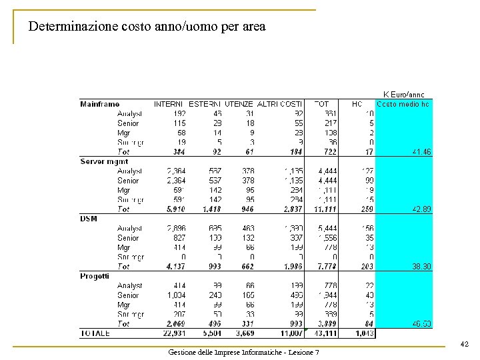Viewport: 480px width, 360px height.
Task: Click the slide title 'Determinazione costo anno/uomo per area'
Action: pos(147,27)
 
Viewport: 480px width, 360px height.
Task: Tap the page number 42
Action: pos(465,345)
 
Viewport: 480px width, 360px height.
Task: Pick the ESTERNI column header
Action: pos(205,104)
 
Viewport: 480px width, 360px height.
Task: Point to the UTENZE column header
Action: pos(239,104)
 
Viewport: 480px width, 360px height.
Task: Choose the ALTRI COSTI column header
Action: pos(280,104)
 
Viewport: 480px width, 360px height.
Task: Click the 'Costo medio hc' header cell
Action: pos(403,104)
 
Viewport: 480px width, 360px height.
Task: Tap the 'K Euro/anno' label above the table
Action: pos(403,95)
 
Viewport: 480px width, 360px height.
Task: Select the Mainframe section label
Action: pos(100,104)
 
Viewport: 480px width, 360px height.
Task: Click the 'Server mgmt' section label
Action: pos(104,161)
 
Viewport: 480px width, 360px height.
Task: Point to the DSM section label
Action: pos(89,219)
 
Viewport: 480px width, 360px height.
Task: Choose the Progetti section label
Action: pos(95,276)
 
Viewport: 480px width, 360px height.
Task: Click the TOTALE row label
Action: pos(95,333)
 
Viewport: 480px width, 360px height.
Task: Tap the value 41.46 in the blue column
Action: pos(421,152)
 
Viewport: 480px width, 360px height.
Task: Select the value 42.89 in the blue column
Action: pos(421,209)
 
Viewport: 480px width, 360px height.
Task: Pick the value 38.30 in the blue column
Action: pos(421,267)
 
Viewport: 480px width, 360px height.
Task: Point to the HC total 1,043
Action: pos(364,333)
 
